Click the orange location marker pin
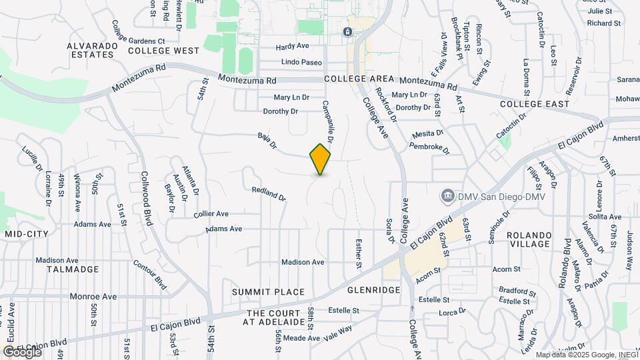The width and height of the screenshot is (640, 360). tap(320, 159)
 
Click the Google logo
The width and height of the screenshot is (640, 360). tap(22, 351)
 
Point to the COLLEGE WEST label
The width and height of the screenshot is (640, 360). tap(163, 51)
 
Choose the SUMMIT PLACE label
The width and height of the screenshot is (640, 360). tap(268, 292)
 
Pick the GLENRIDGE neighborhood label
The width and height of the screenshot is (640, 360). tap(373, 290)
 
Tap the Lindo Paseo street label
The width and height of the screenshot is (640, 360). tap(301, 62)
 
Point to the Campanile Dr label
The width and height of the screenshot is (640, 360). tap(327, 121)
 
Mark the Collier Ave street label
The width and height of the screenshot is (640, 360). tap(211, 214)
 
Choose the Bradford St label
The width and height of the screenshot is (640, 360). tap(517, 291)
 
